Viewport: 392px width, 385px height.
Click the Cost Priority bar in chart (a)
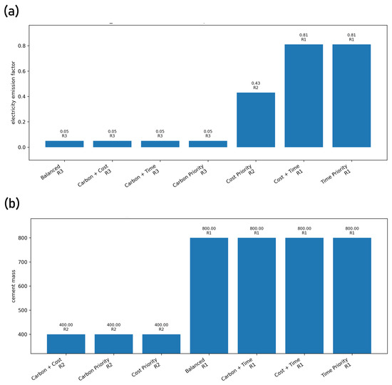[x=256, y=120]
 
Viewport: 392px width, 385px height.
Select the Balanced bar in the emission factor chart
[x=64, y=144]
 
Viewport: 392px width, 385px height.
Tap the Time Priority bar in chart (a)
[x=351, y=96]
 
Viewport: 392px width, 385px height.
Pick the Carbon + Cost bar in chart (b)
[x=66, y=344]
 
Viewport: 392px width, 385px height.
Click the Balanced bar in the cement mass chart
[x=209, y=295]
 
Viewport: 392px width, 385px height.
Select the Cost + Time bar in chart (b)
[x=304, y=295]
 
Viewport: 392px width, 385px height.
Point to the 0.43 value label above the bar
[x=256, y=83]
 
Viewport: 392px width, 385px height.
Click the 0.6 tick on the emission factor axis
[x=22, y=71]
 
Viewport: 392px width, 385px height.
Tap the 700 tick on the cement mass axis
[x=23, y=262]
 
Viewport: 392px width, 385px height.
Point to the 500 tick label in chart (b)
[x=23, y=310]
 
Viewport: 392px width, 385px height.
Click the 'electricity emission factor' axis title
[x=14, y=93]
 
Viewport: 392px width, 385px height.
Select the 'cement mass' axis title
[x=14, y=286]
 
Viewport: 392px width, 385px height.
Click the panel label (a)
[x=11, y=11]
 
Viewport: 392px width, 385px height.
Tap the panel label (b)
[x=11, y=204]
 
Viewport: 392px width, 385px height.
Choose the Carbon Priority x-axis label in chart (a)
[x=190, y=175]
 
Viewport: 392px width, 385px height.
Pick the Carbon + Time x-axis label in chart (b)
[x=237, y=369]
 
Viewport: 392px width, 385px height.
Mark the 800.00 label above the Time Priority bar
[x=352, y=228]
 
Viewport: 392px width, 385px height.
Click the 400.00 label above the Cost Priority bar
[x=161, y=324]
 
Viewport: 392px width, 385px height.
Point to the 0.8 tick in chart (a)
[x=22, y=46]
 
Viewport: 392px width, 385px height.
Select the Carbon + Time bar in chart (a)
[x=160, y=144]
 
